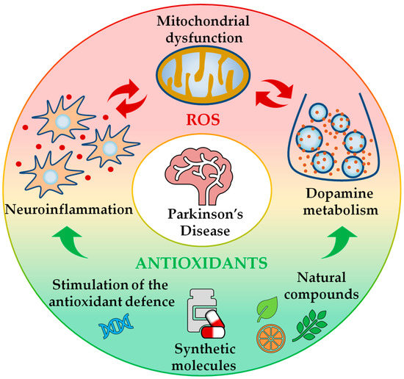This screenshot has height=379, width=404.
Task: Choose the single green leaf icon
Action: pos(266,311)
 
